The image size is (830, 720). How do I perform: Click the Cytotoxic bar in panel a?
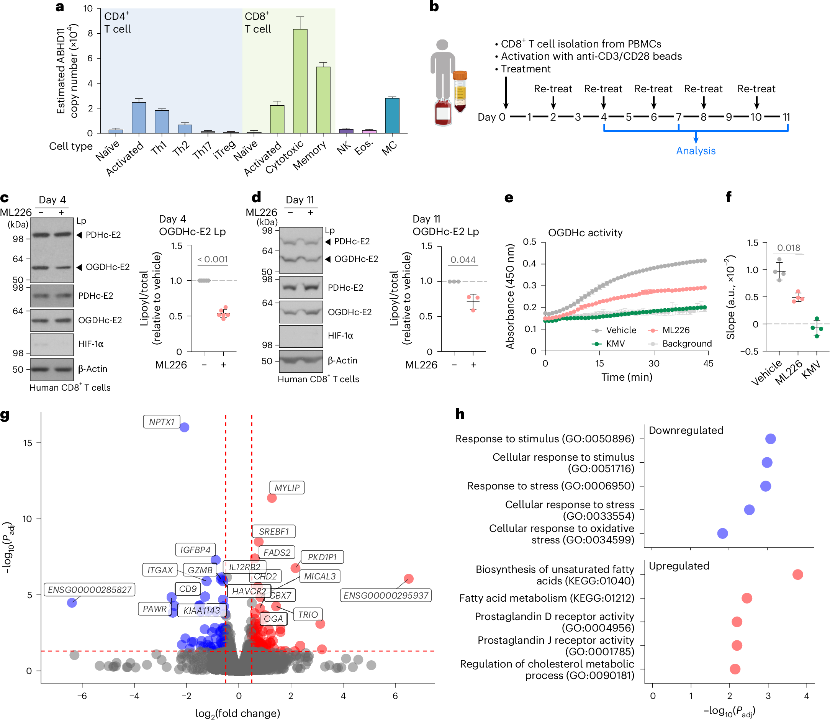coord(300,81)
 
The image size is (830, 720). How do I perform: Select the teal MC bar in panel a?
coord(392,115)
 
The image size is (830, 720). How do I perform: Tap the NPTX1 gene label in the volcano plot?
coord(162,422)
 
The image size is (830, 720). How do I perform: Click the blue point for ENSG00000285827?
coord(72,602)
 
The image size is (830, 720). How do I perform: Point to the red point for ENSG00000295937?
coord(409,579)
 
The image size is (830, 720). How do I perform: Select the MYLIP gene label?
coord(287,488)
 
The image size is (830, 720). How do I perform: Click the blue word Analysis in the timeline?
coord(696,151)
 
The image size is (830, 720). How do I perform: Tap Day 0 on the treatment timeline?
coord(491,117)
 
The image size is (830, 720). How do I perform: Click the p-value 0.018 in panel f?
coord(788,248)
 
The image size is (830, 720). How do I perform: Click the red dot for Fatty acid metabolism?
coord(747,598)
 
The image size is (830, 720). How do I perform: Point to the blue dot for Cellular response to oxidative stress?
coord(722,533)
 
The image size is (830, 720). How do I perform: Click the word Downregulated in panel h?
coord(686,430)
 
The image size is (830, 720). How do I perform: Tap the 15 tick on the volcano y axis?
coord(28,443)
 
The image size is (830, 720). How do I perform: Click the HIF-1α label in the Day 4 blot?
coord(91,344)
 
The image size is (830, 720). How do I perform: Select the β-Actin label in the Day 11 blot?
coord(342,360)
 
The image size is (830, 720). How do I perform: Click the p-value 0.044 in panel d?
coord(463,260)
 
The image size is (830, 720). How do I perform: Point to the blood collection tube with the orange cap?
coord(460,91)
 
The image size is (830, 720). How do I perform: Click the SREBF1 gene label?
coord(273,532)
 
